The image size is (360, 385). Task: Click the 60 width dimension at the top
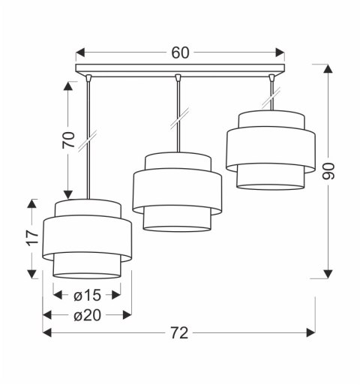coord(180,53)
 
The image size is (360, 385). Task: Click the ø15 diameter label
coord(87,295)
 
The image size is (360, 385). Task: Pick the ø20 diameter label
coord(87,314)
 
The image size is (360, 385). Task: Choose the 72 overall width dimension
coord(178,333)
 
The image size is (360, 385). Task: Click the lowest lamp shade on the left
coord(87,238)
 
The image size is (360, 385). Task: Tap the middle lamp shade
coord(177,191)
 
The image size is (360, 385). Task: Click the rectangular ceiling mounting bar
coord(180,70)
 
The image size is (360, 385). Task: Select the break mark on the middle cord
coord(178,116)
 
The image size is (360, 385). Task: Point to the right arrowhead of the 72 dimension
coord(310,333)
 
